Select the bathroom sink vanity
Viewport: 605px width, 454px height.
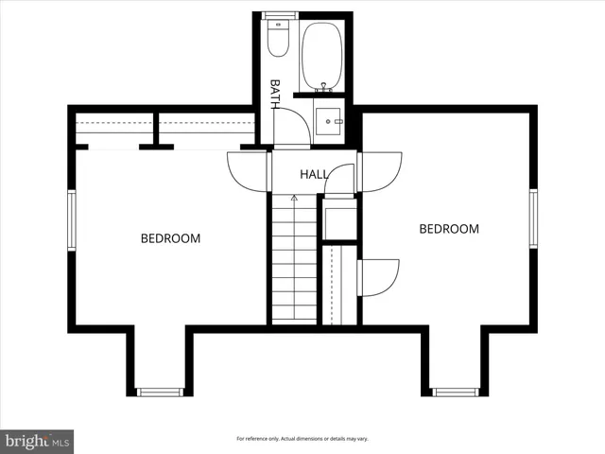click(x=328, y=122)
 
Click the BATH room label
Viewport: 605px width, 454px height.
click(x=275, y=94)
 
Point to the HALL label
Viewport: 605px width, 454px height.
click(x=314, y=175)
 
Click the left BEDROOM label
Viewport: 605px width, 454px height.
click(x=170, y=238)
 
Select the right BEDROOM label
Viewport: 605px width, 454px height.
click(x=449, y=229)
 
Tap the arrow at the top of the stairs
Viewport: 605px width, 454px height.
click(x=294, y=198)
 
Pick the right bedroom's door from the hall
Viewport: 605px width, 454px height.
click(x=380, y=171)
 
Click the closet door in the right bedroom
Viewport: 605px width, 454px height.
click(x=381, y=277)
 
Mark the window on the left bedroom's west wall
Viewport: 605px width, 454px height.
click(x=72, y=220)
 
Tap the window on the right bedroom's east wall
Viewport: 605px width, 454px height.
click(x=533, y=218)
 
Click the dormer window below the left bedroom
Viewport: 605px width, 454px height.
click(x=159, y=391)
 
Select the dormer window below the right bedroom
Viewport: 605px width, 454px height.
click(x=456, y=391)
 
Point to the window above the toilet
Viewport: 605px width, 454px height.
click(x=279, y=15)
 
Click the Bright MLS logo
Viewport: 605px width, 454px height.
click(x=37, y=441)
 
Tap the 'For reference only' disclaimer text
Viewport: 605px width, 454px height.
click(x=302, y=439)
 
